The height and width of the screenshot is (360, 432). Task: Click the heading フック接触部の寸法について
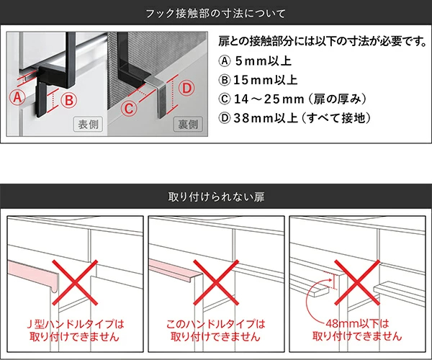point(215,13)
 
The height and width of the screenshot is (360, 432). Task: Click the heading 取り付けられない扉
point(215,196)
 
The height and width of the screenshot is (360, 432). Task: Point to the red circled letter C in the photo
point(127,109)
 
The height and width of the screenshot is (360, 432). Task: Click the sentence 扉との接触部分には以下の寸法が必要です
point(321,40)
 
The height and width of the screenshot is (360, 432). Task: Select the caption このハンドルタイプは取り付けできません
point(215,330)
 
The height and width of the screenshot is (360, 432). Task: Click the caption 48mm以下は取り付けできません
point(356,330)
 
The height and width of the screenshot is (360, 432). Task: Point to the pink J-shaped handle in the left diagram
point(32,271)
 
